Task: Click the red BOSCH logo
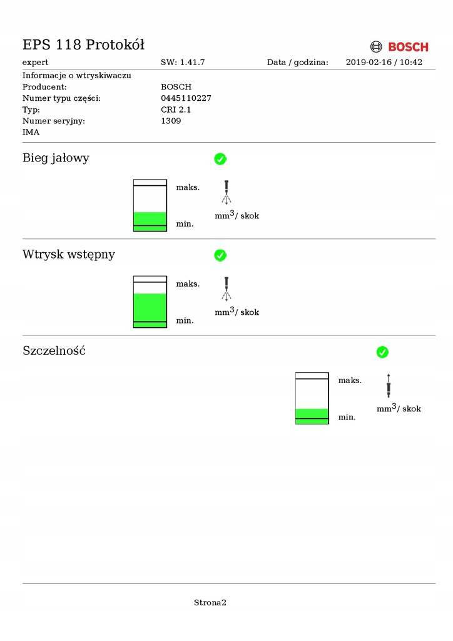pyautogui.click(x=400, y=47)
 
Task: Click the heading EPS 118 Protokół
pyautogui.click(x=84, y=44)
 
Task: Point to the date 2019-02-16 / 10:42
pyautogui.click(x=384, y=63)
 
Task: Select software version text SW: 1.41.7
pyautogui.click(x=183, y=63)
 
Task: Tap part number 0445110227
pyautogui.click(x=186, y=98)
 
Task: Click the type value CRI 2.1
pyautogui.click(x=176, y=110)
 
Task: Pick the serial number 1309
pyautogui.click(x=171, y=121)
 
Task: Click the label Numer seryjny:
pyautogui.click(x=54, y=121)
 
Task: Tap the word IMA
pyautogui.click(x=31, y=132)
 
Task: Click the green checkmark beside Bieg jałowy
pyautogui.click(x=220, y=159)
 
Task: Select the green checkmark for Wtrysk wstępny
pyautogui.click(x=220, y=255)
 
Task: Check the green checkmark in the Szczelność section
pyautogui.click(x=382, y=352)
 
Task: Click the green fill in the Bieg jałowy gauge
pyautogui.click(x=150, y=221)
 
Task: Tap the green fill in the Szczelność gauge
pyautogui.click(x=312, y=416)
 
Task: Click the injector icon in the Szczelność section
pyautogui.click(x=389, y=386)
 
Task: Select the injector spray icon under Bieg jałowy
pyautogui.click(x=227, y=193)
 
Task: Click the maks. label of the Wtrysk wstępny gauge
pyautogui.click(x=188, y=284)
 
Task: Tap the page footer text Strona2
pyautogui.click(x=210, y=603)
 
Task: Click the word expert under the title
pyautogui.click(x=36, y=63)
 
